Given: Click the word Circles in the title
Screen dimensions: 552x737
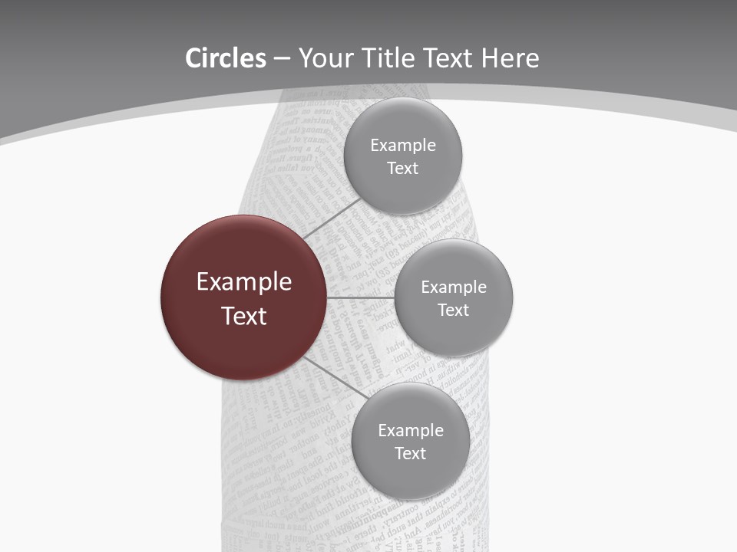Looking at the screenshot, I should [225, 58].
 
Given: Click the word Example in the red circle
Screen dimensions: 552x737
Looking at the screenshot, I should [244, 282].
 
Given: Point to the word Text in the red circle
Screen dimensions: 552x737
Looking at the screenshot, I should [244, 316].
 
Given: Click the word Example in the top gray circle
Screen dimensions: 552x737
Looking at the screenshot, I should [403, 146].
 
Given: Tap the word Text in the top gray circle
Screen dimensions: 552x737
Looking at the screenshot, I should [403, 169].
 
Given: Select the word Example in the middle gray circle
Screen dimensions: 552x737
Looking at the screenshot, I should [454, 287].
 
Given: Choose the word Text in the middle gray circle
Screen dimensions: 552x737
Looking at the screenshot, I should [454, 310].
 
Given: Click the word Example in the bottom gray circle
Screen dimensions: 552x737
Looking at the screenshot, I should [411, 431].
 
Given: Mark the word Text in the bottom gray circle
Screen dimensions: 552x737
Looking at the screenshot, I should [411, 454].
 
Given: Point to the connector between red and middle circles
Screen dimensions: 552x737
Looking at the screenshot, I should [360, 297].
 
